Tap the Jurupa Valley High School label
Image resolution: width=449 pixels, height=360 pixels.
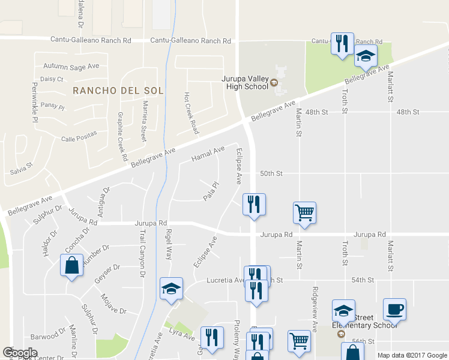click(247, 82)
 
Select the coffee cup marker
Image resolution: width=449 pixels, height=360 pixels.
click(394, 310)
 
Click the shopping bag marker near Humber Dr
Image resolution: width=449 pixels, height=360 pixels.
click(71, 265)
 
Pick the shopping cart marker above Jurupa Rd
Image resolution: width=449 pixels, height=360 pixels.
click(304, 212)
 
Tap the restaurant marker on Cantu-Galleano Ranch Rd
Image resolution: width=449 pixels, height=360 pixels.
click(342, 44)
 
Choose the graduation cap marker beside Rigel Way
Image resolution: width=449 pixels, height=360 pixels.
click(172, 289)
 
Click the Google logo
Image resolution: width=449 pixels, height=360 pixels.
click(20, 353)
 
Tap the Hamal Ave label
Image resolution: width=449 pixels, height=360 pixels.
click(208, 154)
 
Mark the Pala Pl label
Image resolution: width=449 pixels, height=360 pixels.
click(209, 192)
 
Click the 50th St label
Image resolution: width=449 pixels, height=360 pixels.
click(271, 173)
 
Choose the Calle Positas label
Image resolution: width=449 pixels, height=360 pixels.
click(79, 139)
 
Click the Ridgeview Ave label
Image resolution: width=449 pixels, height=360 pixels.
click(314, 308)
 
